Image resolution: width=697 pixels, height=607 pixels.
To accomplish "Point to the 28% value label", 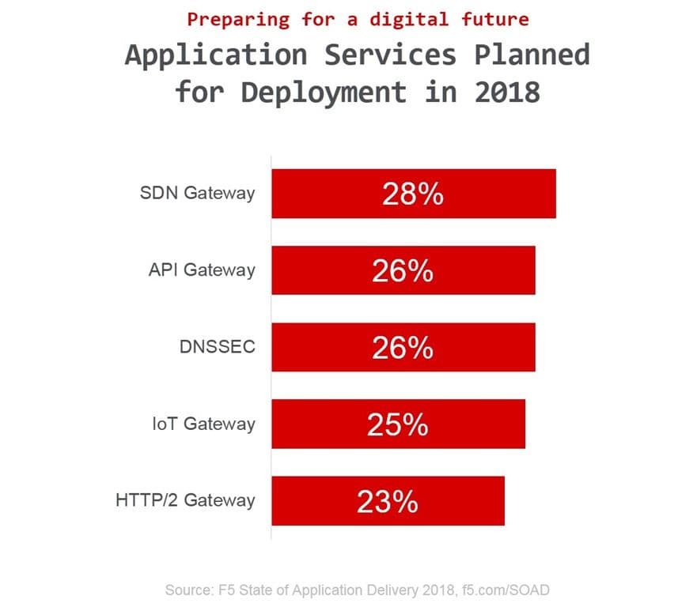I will [x=412, y=194].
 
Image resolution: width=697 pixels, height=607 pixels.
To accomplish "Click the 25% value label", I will [x=397, y=424].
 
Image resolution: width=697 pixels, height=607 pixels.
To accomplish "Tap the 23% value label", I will [x=387, y=501].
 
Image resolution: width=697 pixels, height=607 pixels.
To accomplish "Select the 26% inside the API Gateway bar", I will [x=402, y=271].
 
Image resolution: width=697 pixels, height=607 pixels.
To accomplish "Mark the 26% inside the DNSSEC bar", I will [x=402, y=348].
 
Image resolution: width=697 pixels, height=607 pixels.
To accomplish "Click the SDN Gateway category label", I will [x=197, y=194].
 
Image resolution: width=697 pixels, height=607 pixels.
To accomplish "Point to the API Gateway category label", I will [x=202, y=270].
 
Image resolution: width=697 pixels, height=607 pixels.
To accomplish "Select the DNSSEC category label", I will [x=218, y=347].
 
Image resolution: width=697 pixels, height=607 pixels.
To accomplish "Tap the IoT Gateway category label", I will [x=203, y=424].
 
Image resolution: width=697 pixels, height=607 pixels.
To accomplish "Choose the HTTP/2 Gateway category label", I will [x=185, y=500].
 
